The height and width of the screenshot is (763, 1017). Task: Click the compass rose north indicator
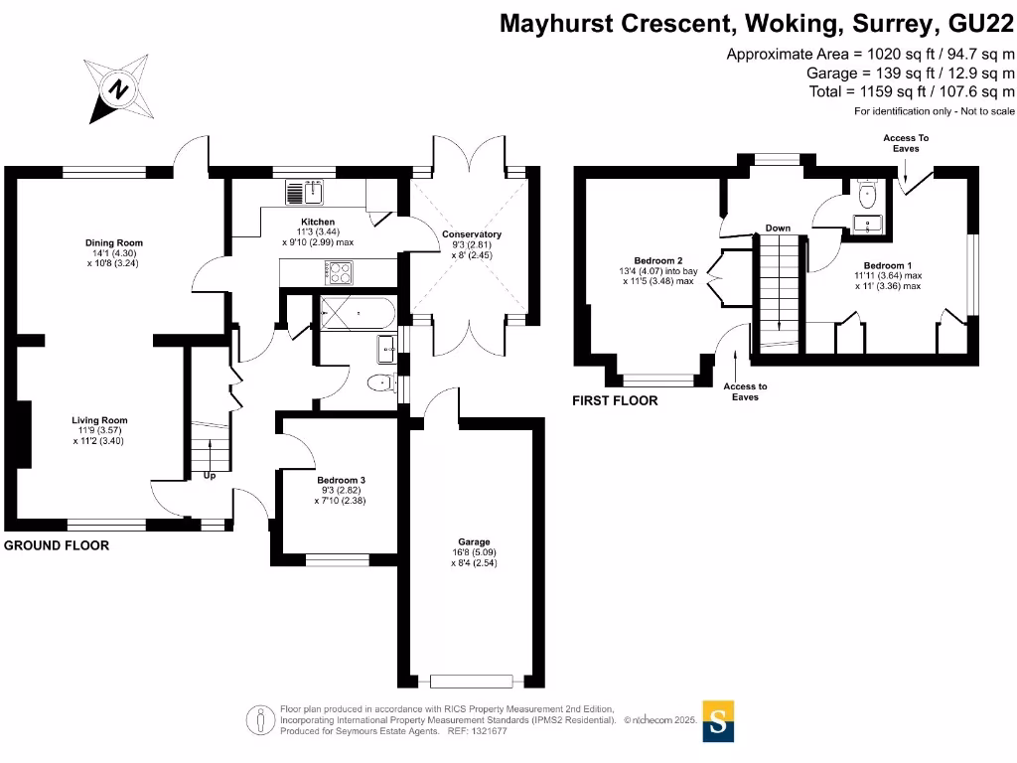(119, 89)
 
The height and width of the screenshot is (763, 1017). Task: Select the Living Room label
(99, 420)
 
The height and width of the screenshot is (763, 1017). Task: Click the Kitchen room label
(318, 222)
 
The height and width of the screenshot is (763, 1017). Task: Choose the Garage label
(473, 541)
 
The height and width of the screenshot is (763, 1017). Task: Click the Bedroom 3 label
(327, 479)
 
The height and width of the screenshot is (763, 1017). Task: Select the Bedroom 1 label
(888, 265)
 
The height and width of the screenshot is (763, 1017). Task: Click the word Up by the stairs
(210, 476)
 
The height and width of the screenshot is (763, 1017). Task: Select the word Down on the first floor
(778, 229)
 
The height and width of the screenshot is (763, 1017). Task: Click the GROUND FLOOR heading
(57, 545)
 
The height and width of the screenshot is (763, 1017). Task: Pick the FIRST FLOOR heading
(614, 400)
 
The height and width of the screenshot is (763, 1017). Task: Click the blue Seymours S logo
(719, 720)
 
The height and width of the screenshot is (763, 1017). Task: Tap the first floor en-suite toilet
(866, 191)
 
